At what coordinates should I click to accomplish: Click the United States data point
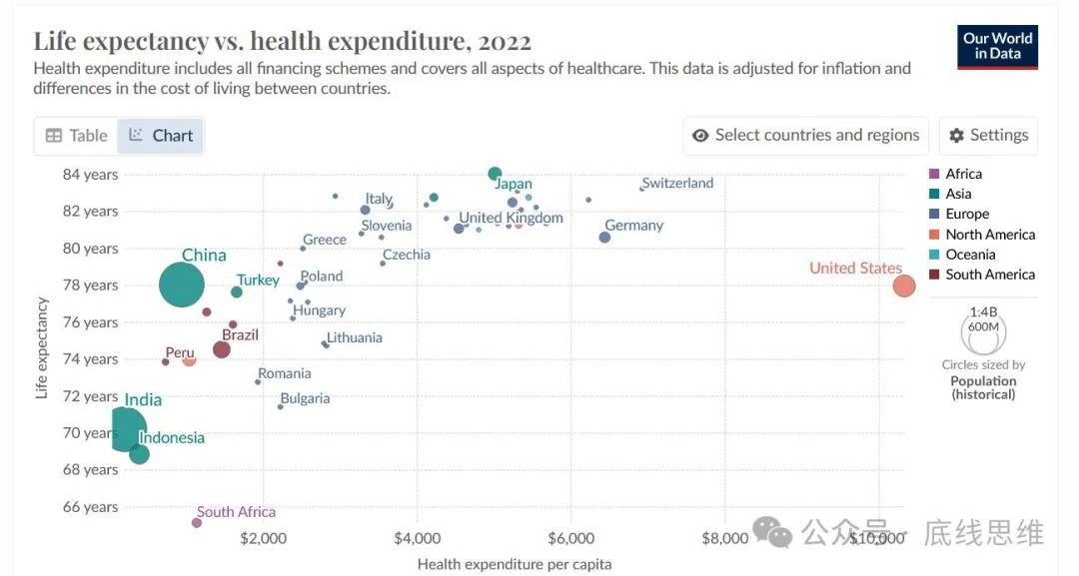pos(903,287)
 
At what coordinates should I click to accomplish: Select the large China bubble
pos(181,286)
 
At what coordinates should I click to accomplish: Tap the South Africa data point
pos(197,522)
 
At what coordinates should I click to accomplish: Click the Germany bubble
pos(604,238)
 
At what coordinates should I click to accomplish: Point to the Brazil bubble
pos(222,349)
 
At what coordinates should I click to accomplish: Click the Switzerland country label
pos(677,183)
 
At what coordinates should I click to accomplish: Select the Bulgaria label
pos(305,398)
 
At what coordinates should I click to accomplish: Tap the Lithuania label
pos(354,337)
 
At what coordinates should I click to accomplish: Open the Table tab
pos(77,136)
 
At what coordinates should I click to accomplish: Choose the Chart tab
pos(161,136)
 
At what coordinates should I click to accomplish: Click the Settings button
pos(988,136)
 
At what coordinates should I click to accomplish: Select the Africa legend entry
pos(963,174)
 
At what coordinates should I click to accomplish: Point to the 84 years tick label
pos(90,175)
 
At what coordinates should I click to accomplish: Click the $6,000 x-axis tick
pos(570,539)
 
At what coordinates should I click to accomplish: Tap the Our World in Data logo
pos(997,46)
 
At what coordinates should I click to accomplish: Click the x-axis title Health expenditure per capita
pos(515,564)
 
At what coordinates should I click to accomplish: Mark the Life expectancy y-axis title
pos(42,347)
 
